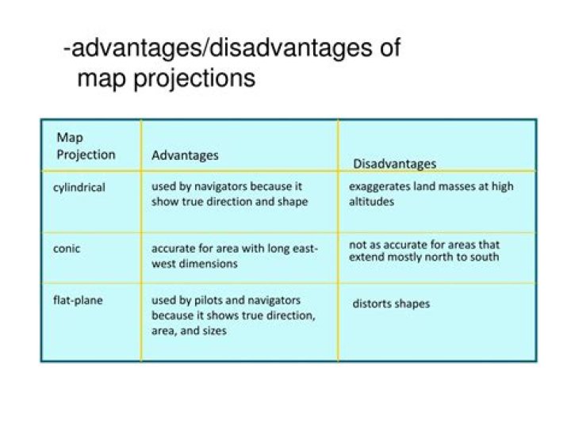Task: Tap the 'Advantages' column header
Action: [185, 155]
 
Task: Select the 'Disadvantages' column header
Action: [394, 164]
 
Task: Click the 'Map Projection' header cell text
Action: [86, 147]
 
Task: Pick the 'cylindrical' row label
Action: [79, 188]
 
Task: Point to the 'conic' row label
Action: [67, 249]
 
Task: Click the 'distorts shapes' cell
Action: [392, 303]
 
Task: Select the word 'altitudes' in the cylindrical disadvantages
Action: [371, 202]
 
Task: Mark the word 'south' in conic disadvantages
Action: [483, 257]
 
